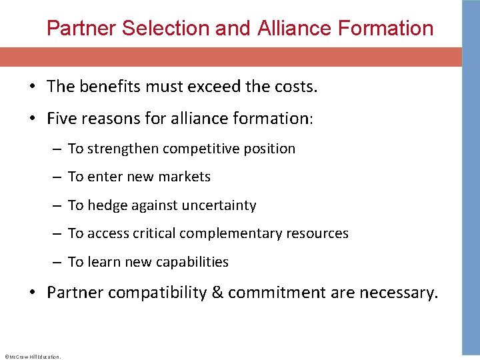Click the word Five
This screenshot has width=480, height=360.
click(62, 119)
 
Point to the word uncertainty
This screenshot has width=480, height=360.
click(218, 205)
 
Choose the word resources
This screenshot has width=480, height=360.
click(317, 233)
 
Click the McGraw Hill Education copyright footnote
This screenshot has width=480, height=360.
click(32, 357)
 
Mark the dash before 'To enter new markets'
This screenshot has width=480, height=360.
click(59, 177)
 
